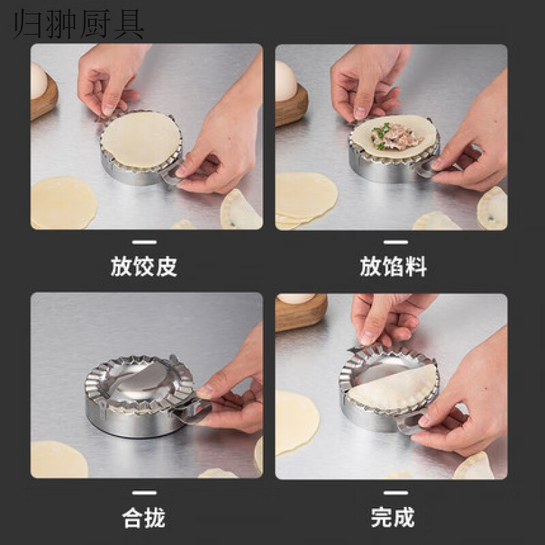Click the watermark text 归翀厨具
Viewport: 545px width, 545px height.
click(x=74, y=22)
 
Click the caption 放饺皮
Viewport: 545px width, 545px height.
click(x=144, y=266)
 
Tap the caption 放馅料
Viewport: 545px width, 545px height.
click(x=393, y=266)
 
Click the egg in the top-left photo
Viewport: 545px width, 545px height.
click(x=39, y=80)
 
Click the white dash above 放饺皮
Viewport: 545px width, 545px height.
click(x=144, y=242)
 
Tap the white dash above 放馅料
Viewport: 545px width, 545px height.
click(x=393, y=242)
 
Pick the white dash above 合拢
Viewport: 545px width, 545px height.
click(x=144, y=493)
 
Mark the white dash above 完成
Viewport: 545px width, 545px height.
click(x=393, y=493)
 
